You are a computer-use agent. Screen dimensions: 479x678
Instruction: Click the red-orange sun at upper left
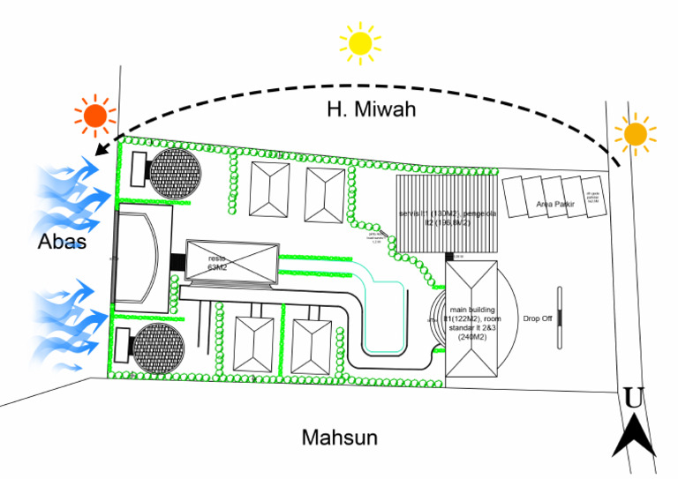point(94,116)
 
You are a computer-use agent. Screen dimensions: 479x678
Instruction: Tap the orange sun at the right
point(635,133)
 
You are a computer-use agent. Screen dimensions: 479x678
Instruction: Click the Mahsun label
point(339,437)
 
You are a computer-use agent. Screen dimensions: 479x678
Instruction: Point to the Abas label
point(61,240)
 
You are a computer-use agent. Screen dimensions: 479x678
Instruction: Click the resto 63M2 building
point(231,263)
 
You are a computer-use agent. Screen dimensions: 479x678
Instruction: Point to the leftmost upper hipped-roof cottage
point(267,189)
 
